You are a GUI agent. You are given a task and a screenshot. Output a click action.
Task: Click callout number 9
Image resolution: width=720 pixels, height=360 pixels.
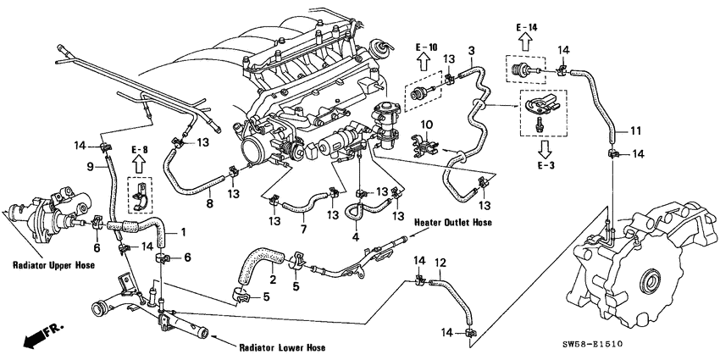pyautogui.click(x=89, y=166)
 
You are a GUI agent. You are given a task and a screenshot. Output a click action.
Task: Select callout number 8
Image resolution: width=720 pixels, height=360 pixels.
pyautogui.click(x=208, y=203)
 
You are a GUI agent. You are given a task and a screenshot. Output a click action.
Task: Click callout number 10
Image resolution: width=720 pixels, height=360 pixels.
pyautogui.click(x=427, y=124)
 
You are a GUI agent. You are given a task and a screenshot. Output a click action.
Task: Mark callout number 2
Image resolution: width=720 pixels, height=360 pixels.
pyautogui.click(x=273, y=280)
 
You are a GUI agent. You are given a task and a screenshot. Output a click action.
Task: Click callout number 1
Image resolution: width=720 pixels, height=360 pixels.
pyautogui.click(x=184, y=232)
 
